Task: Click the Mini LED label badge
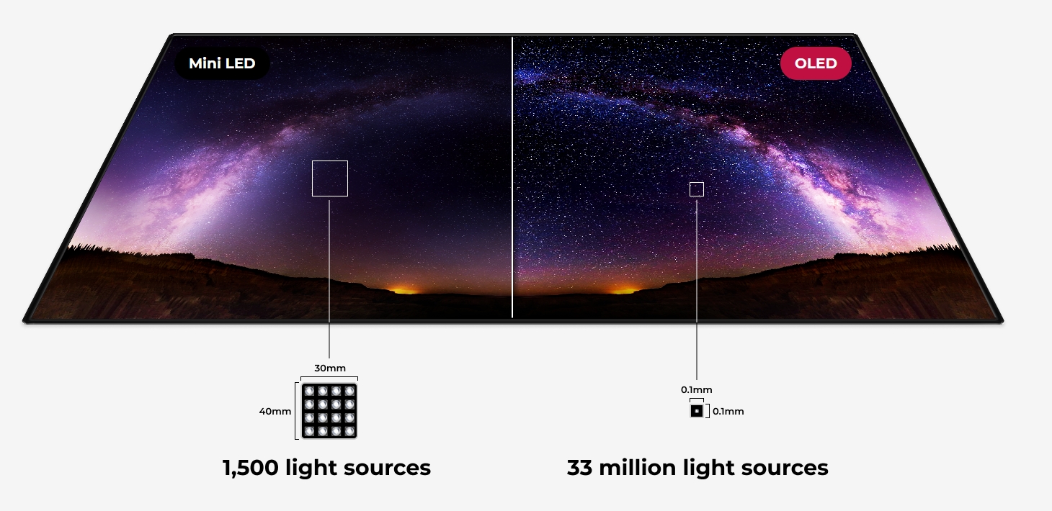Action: [x=222, y=63]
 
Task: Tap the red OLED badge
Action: [x=816, y=63]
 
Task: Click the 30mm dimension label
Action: [x=330, y=368]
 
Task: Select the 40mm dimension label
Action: [x=275, y=412]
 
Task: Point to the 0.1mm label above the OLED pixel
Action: [x=697, y=390]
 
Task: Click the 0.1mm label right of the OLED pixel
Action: [x=728, y=412]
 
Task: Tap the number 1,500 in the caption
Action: [x=250, y=468]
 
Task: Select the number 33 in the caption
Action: [x=579, y=468]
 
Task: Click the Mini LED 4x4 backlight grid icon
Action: [x=329, y=411]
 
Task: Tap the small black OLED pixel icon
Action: [x=697, y=411]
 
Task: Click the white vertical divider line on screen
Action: [x=512, y=177]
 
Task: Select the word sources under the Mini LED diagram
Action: [x=387, y=469]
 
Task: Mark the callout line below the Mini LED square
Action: [x=329, y=279]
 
